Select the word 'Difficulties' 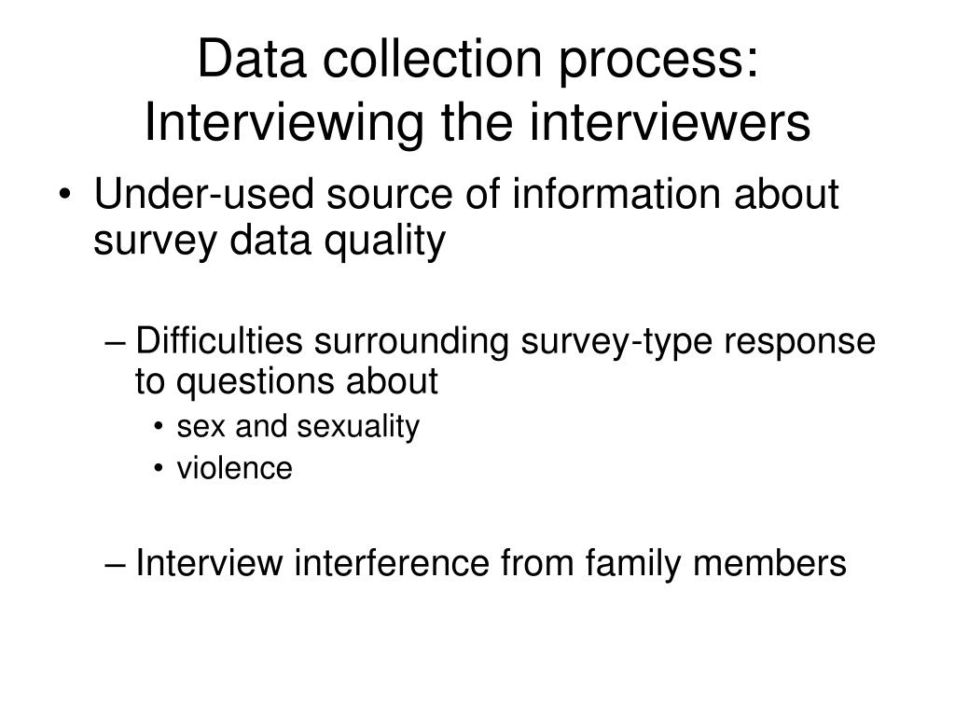218,342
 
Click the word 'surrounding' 410,342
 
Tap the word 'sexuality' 358,427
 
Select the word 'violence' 234,468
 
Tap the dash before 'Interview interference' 117,564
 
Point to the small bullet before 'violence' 161,469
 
